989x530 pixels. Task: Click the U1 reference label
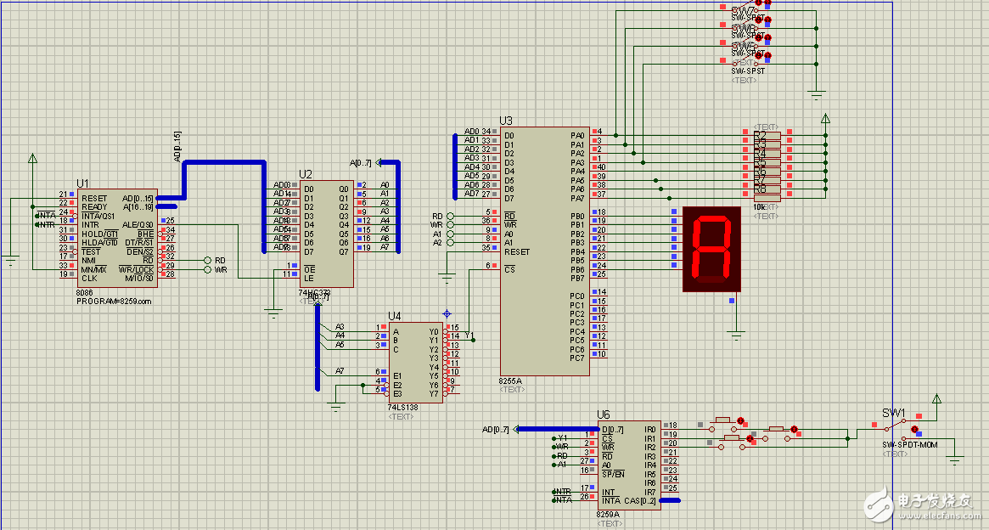click(x=82, y=183)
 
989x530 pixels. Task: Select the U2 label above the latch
click(x=306, y=175)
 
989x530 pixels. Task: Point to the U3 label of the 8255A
click(x=506, y=121)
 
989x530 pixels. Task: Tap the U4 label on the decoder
click(x=395, y=316)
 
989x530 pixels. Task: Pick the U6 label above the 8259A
click(x=604, y=414)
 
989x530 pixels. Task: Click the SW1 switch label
click(x=893, y=413)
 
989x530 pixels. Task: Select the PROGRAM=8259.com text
click(x=114, y=302)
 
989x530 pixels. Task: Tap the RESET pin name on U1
click(x=94, y=198)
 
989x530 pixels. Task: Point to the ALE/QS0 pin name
click(x=138, y=225)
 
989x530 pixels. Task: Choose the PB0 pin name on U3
click(x=577, y=216)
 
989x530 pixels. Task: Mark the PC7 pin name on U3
click(x=577, y=358)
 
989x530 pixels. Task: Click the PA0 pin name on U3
click(x=577, y=135)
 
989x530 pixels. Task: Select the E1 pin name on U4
click(x=396, y=375)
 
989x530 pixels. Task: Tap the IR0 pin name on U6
click(x=650, y=429)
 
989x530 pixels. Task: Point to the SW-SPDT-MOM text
click(x=909, y=444)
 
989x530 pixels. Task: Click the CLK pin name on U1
click(x=89, y=278)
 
